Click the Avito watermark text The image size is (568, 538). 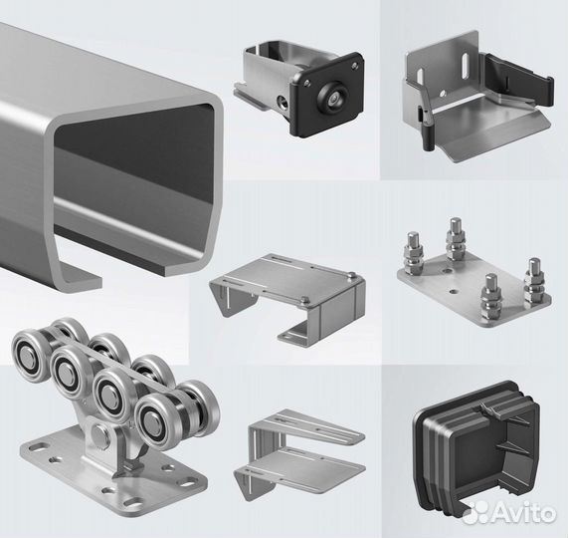coord(524,512)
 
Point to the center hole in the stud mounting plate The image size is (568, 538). coord(453,291)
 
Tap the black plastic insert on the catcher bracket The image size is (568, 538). coord(518,82)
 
